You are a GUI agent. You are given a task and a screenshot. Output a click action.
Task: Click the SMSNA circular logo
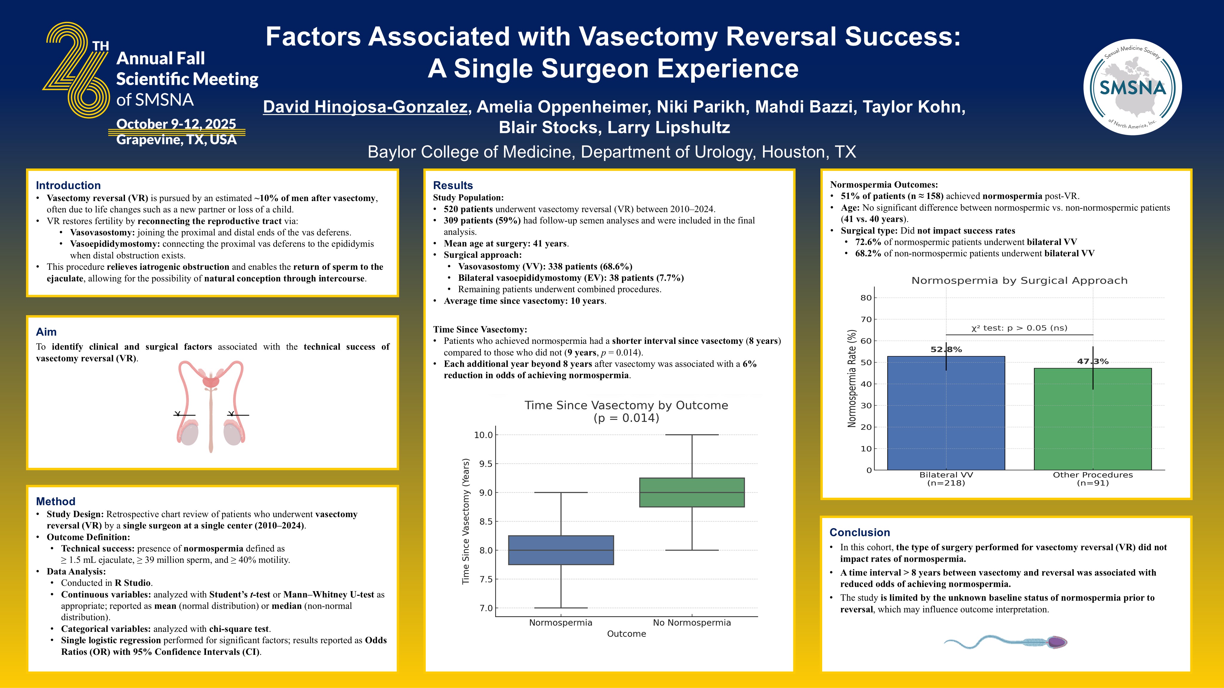coord(1132,87)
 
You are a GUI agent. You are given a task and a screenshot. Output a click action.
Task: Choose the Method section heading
coord(56,501)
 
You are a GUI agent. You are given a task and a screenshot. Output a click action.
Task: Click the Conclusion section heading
coord(860,532)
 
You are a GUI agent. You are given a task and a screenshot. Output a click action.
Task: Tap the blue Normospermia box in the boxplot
coord(561,550)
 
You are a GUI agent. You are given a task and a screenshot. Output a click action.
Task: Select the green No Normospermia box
coord(692,492)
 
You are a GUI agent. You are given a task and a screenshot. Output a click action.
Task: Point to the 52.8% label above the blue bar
coord(946,350)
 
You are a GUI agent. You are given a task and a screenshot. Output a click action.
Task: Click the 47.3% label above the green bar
coord(1092,361)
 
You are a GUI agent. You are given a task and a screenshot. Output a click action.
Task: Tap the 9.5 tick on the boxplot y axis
coord(483,464)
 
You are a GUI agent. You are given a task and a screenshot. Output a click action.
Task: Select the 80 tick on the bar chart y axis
coord(866,298)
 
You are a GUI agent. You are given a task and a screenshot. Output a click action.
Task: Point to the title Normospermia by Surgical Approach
coord(1019,281)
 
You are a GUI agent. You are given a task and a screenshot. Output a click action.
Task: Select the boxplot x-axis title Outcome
coord(626,634)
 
